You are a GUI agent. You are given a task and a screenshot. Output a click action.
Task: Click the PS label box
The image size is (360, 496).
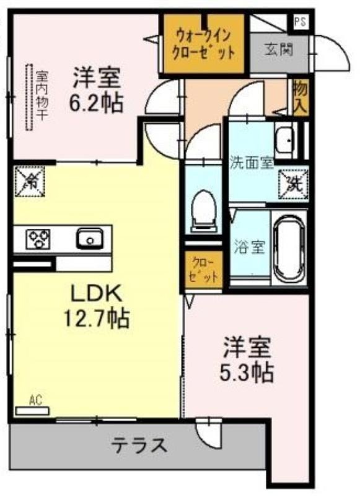click(301, 23)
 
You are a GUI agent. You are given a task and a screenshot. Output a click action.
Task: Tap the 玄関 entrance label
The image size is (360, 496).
click(278, 50)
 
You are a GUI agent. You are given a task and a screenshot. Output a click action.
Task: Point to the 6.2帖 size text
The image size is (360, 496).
click(96, 104)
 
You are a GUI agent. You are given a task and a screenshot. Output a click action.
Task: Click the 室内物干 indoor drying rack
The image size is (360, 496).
click(29, 97)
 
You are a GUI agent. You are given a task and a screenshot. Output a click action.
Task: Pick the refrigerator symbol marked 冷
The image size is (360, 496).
click(30, 181)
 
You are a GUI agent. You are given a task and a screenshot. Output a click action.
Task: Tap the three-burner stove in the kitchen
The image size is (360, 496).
click(38, 239)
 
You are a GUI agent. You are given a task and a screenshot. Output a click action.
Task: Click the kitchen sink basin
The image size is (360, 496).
click(90, 239)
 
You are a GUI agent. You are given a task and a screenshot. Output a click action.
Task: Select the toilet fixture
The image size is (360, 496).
click(204, 211)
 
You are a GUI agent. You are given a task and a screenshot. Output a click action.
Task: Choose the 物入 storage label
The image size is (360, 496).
click(301, 97)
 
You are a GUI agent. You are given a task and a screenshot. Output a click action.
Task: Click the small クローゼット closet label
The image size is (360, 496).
click(204, 269)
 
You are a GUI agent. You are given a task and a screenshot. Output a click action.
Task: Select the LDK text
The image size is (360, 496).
click(96, 293)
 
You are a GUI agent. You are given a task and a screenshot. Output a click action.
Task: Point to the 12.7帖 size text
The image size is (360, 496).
click(97, 319)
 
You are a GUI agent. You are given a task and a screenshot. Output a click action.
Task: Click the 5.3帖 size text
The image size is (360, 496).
click(247, 373)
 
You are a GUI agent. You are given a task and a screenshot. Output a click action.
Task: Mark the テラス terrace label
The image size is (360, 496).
click(139, 445)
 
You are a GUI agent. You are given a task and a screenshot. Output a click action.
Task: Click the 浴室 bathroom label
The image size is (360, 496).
click(249, 247)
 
